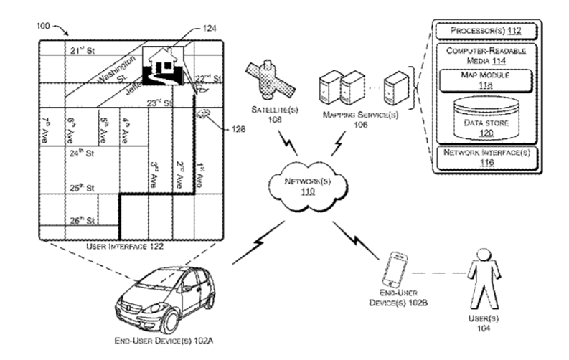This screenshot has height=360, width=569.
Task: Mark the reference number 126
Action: (239, 130)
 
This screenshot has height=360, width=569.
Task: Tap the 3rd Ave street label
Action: (154, 174)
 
